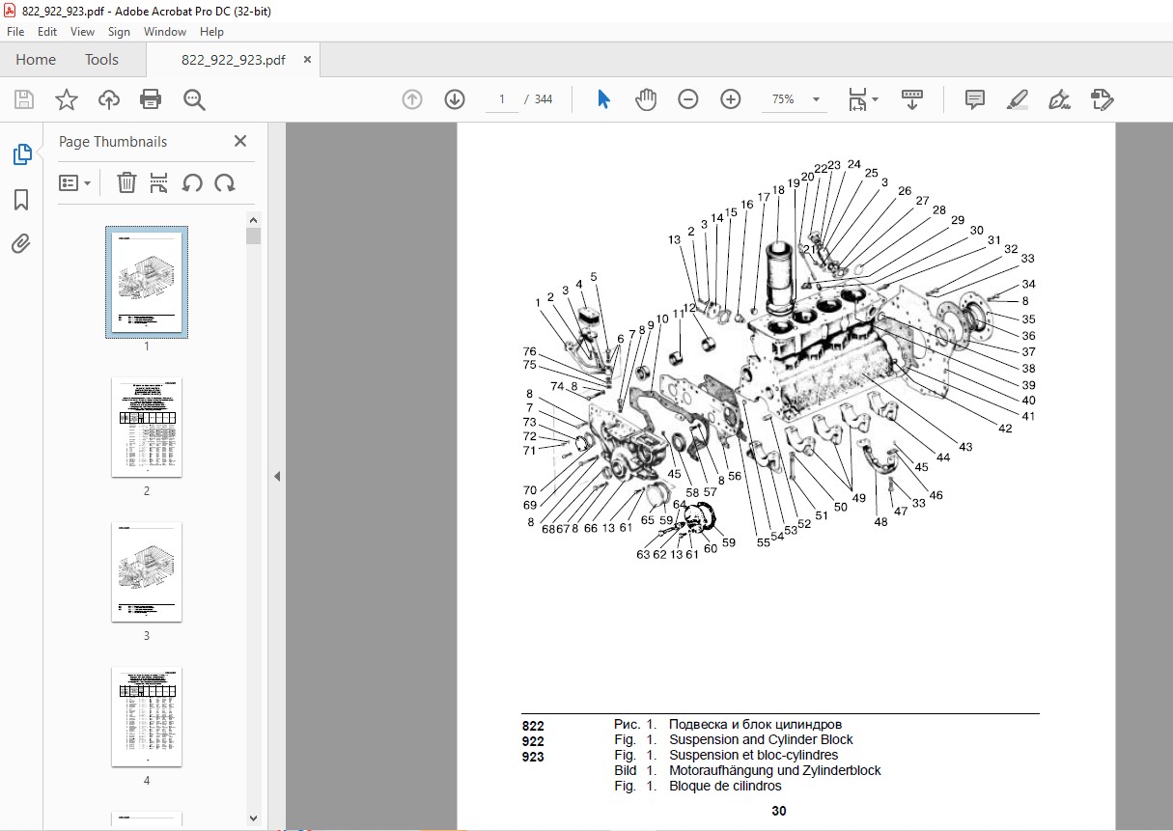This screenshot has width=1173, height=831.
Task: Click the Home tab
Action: click(36, 60)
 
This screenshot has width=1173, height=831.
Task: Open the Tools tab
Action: click(101, 60)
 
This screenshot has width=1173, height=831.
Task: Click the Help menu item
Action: click(211, 32)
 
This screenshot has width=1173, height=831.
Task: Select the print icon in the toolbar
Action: click(151, 99)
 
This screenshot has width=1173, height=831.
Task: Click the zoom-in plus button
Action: click(730, 99)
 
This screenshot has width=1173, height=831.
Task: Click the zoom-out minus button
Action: click(687, 99)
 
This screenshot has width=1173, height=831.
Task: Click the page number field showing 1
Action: click(502, 99)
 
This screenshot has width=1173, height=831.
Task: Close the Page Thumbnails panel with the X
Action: click(240, 142)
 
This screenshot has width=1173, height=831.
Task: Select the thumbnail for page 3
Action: click(147, 571)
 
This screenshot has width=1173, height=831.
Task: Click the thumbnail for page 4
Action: click(147, 716)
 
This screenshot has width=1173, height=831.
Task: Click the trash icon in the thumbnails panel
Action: click(126, 182)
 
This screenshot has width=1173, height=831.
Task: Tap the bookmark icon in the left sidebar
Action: click(21, 200)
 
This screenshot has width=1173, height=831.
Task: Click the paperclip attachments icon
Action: click(21, 244)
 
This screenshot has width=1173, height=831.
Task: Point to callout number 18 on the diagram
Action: click(778, 190)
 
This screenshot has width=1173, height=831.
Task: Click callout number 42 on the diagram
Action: click(1006, 429)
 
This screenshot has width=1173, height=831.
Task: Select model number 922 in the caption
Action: click(533, 740)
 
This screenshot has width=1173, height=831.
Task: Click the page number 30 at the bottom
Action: click(778, 811)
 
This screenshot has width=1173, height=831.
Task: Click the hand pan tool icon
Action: click(645, 99)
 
